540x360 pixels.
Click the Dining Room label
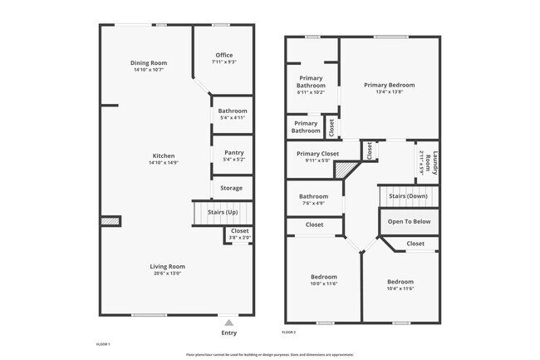tap(149, 63)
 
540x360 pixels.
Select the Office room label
tap(223, 55)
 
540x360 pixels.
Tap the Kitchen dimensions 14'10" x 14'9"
tap(164, 163)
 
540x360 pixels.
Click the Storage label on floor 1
tap(232, 188)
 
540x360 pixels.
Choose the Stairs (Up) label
tap(222, 212)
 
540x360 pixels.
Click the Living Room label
tap(165, 266)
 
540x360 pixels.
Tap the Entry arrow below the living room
tap(228, 322)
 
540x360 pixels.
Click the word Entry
tap(228, 333)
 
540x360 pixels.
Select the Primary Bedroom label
tap(389, 85)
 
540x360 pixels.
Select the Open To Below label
tap(409, 221)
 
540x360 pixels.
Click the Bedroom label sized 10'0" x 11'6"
tap(324, 277)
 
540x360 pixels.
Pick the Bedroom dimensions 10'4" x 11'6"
tap(400, 288)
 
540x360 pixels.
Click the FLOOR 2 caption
tap(288, 332)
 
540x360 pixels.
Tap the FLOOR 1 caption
tap(103, 343)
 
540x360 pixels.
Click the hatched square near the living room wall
tap(109, 221)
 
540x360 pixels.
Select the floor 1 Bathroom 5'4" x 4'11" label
tap(232, 111)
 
